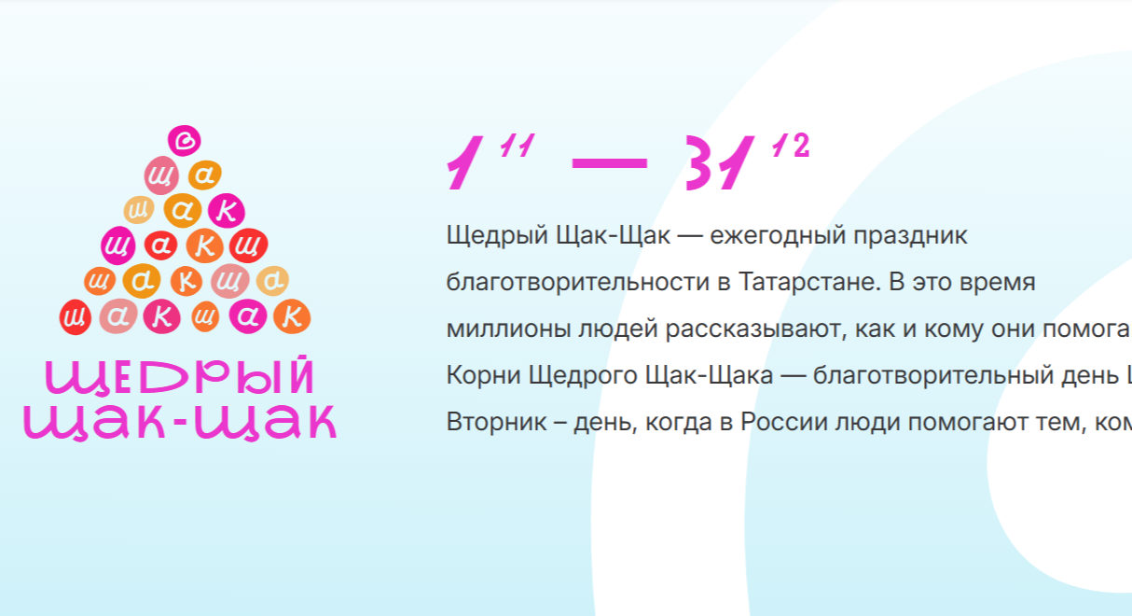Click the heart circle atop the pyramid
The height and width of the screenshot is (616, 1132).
pos(185,140)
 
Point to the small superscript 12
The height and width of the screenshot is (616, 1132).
pos(790,147)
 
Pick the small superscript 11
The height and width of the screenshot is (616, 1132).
pos(516,147)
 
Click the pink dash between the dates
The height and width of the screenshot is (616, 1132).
pos(609,162)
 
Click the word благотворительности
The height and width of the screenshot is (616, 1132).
pos(578,282)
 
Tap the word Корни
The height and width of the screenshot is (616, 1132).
pos(483,375)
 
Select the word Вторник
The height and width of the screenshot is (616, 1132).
pos(490,422)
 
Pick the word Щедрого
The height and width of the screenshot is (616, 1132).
pos(570,375)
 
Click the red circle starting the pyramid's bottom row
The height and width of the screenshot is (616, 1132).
pos(75,318)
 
